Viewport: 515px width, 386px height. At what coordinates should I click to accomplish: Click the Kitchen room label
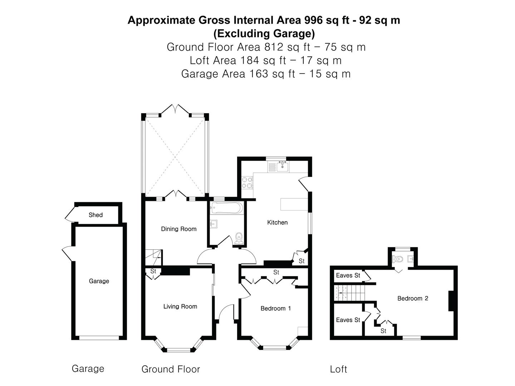coord(277,222)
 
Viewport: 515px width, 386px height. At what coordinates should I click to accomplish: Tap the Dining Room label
coord(178,229)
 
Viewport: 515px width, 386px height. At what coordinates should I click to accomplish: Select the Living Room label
coord(180,306)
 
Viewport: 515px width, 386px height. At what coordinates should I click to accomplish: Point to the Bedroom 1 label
coord(275,308)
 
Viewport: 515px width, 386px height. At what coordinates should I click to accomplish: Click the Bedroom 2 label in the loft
coord(413,298)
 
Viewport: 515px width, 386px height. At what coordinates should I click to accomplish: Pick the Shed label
coord(95,215)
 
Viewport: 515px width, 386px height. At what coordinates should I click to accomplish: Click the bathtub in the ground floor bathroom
coord(227,208)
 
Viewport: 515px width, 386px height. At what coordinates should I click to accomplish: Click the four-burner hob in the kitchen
coord(247,183)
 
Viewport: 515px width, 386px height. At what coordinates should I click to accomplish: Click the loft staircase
coord(349,293)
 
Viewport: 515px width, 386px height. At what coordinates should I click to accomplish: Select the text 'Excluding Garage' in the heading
coord(264,34)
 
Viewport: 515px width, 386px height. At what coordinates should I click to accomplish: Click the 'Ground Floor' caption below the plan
coord(171,369)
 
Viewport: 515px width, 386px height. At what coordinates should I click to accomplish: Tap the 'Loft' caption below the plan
coord(338,369)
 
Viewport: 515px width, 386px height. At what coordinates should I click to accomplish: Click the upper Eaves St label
coord(348,275)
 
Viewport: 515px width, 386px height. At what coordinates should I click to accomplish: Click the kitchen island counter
coord(294,204)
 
